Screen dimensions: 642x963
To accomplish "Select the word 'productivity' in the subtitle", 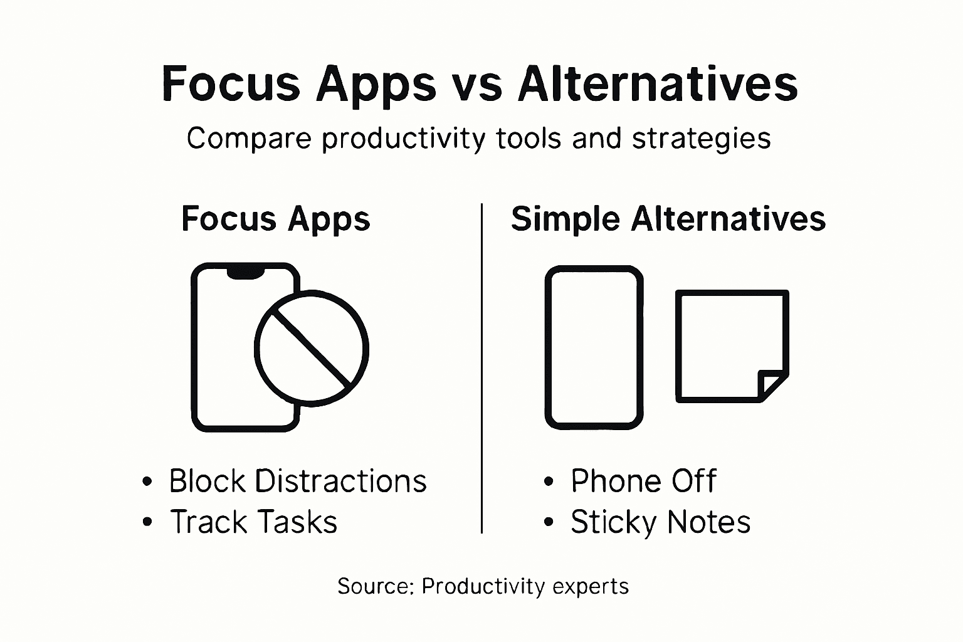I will click(404, 139).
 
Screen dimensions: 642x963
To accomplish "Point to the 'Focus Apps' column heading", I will click(276, 219).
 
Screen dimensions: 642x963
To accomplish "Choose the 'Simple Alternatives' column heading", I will click(668, 219).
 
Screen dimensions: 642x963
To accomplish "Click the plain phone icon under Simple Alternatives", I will click(594, 347).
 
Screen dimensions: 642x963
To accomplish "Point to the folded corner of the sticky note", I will click(772, 384).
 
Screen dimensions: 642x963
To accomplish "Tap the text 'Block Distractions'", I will click(298, 481).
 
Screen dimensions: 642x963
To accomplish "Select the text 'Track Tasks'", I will click(254, 522).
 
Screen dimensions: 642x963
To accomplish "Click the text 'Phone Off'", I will click(643, 481).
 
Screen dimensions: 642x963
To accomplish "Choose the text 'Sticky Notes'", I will click(660, 522).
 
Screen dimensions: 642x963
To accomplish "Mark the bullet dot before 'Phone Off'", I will click(549, 482).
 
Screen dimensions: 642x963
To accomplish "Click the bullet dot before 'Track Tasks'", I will click(147, 522).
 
